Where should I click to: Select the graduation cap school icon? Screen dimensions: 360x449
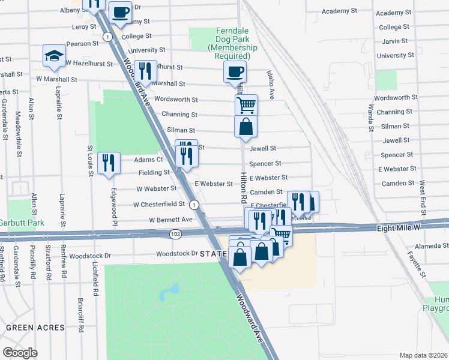tap(55, 56)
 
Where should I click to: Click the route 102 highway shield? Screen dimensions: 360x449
tap(175, 233)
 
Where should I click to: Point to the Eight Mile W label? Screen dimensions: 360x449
tap(398, 228)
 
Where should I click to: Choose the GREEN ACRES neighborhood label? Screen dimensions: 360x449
tap(35, 328)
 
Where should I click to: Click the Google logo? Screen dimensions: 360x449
tap(20, 353)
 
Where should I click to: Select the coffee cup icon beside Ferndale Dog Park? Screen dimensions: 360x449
tap(235, 72)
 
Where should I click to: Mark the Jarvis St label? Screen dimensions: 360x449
tap(394, 41)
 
